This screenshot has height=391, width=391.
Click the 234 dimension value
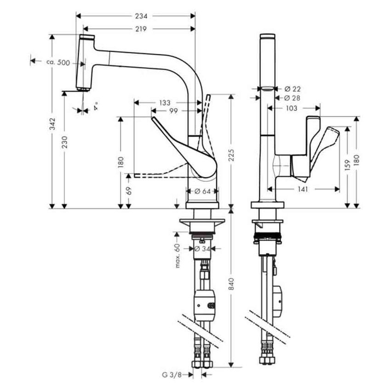click(x=141, y=16)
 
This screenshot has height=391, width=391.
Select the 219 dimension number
click(x=141, y=29)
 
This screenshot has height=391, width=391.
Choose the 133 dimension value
click(x=164, y=102)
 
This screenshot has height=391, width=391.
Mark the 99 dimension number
click(x=173, y=111)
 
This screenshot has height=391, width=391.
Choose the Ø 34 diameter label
click(x=203, y=248)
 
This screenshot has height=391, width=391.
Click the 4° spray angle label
click(x=96, y=108)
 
